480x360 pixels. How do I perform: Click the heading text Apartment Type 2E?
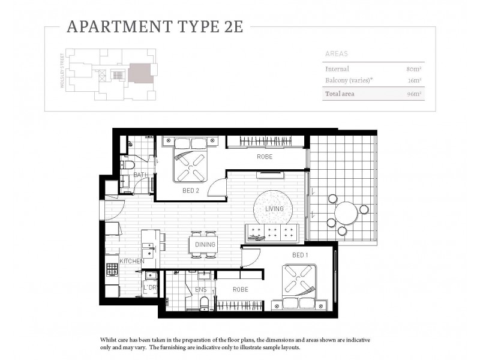[x=155, y=27]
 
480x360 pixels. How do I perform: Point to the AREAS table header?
[x=336, y=53]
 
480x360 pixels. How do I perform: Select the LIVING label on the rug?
[x=274, y=209]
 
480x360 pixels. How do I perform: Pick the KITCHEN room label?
[x=132, y=262]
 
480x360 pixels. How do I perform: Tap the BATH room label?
[x=140, y=175]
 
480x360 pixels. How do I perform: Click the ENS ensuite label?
[x=201, y=289]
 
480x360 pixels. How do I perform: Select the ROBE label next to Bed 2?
[x=265, y=157]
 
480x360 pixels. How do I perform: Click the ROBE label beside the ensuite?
[x=239, y=289]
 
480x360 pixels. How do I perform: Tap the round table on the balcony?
[x=346, y=213]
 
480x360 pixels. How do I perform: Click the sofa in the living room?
[x=271, y=233]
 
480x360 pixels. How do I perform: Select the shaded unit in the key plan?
[x=140, y=73]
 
